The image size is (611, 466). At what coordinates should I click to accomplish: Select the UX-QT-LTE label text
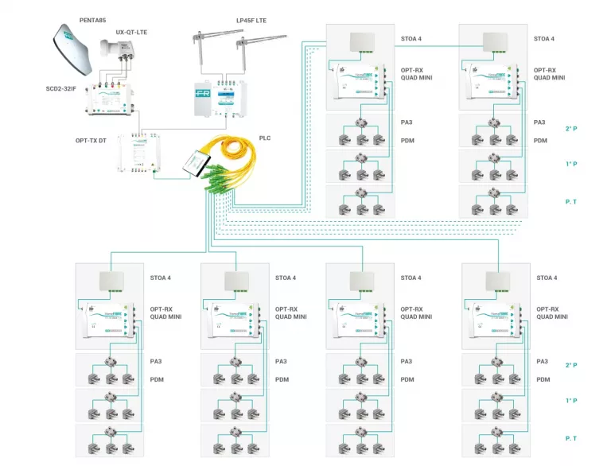coord(131,32)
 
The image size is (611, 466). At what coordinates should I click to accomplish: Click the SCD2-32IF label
coord(61,88)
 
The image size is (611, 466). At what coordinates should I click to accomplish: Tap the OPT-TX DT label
coord(91,141)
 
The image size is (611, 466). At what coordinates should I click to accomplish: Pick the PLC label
coord(265,138)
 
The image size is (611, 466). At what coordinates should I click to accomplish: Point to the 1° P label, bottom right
coord(570,402)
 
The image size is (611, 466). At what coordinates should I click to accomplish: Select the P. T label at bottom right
coord(570,438)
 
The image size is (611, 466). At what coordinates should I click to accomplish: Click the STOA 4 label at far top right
coord(544,38)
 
